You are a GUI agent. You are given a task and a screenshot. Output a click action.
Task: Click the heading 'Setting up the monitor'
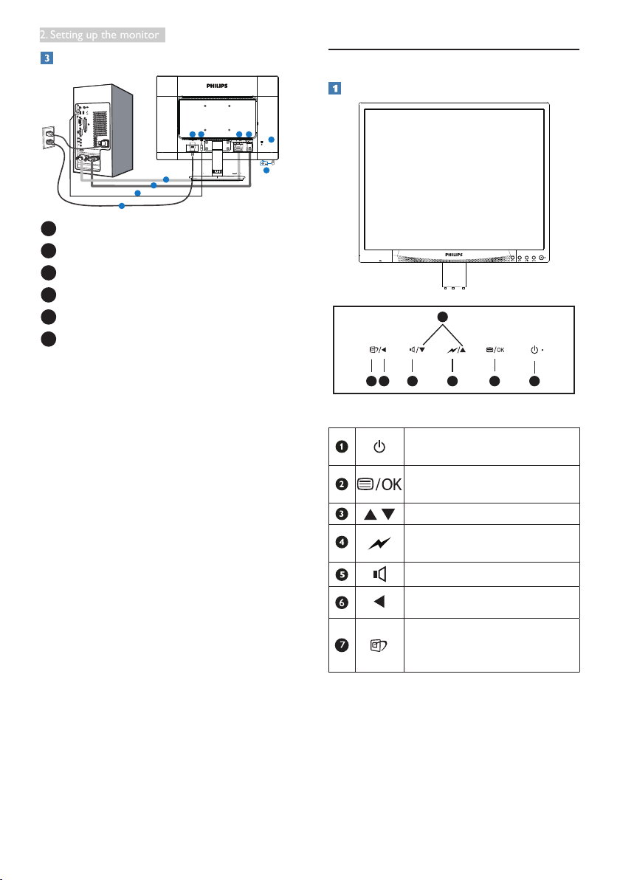pos(104,35)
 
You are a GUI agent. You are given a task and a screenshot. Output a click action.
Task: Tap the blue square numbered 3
pos(46,58)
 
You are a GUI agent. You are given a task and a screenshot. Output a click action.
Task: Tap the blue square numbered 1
pos(334,88)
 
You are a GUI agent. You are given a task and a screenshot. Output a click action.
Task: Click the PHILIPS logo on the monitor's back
pos(217,86)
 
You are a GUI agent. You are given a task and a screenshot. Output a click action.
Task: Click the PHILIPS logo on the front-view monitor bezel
pos(454,255)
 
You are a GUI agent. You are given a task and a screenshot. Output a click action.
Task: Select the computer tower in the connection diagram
pos(103,131)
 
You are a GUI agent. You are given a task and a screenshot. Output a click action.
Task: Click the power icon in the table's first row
pos(379,447)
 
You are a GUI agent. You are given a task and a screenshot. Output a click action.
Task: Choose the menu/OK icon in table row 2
pos(379,484)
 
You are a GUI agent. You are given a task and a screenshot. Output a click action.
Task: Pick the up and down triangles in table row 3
pos(379,514)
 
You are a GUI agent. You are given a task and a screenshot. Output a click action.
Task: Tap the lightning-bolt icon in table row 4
pos(379,543)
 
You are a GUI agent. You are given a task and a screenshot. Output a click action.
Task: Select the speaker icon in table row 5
pos(380,574)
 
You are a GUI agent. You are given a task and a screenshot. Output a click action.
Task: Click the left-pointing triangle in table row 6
pos(379,602)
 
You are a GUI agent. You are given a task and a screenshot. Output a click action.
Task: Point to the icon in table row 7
pos(379,645)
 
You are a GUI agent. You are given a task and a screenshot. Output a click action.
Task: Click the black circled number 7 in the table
pos(342,644)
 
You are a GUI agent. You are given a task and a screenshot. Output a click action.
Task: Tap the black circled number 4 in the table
pos(342,542)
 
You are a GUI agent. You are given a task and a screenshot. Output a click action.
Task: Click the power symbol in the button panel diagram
pos(534,350)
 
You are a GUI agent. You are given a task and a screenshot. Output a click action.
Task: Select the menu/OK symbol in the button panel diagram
pos(495,350)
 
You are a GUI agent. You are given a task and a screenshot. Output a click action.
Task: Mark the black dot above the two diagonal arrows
pos(443,317)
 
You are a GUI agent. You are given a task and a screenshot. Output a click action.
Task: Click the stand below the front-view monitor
pos(454,275)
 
